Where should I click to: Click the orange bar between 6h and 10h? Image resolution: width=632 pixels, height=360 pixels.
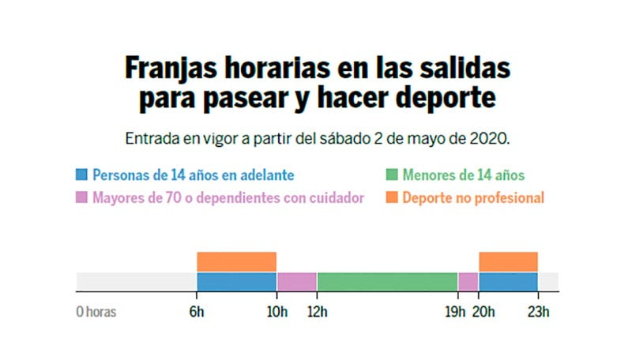[236, 261]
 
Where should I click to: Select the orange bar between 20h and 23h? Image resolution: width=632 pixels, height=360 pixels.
[508, 261]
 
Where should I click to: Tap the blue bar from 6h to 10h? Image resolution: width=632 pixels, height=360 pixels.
[236, 281]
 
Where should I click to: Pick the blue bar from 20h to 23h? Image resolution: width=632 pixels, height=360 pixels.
[508, 281]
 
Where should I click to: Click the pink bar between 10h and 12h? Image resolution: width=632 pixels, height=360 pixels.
[296, 281]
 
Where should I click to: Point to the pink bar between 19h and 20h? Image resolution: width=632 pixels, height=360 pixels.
[468, 281]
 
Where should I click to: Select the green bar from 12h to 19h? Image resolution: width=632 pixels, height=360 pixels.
[387, 281]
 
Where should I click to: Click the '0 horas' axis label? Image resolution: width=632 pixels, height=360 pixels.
[96, 311]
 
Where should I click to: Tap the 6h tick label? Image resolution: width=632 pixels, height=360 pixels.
[197, 311]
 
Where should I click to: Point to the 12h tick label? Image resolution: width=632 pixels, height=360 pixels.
[317, 311]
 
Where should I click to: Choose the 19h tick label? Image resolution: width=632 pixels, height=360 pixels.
[455, 311]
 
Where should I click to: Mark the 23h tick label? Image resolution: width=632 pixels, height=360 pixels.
[539, 311]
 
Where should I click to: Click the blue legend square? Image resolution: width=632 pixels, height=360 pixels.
[81, 175]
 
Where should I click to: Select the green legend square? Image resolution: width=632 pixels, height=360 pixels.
[391, 175]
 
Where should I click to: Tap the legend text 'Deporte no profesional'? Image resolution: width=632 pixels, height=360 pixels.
[472, 197]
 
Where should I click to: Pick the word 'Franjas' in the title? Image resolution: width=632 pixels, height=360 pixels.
[169, 69]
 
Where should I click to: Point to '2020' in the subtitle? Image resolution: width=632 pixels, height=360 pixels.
[491, 138]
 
